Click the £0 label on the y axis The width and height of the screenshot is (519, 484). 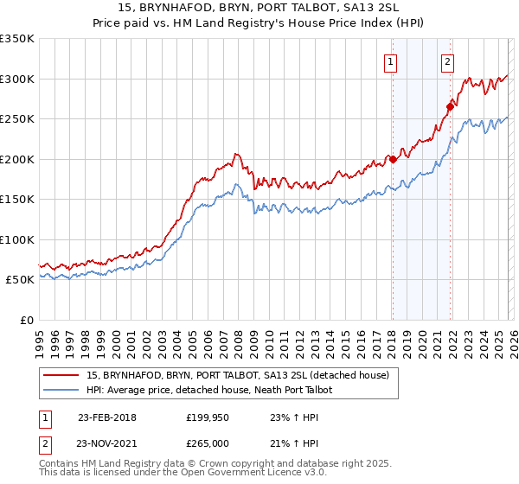26,320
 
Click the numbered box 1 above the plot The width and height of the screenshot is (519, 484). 392,61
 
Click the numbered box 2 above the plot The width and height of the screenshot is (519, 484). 447,61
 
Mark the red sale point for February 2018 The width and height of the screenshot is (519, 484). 392,159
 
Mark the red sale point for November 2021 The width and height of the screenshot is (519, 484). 450,107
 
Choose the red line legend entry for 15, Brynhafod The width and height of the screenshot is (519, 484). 238,375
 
